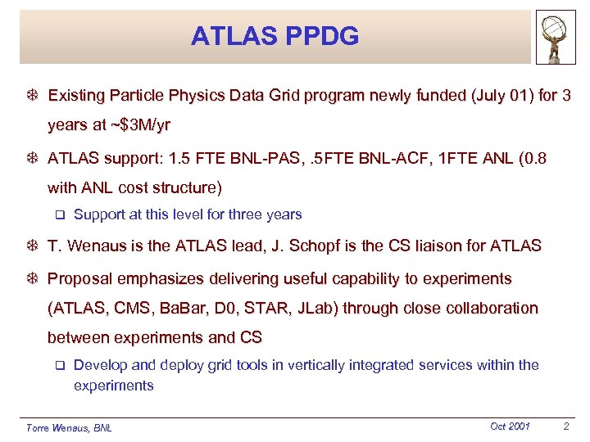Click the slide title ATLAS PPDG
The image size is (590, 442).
(x=275, y=36)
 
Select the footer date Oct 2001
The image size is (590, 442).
(x=510, y=426)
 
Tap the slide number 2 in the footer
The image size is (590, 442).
(x=566, y=426)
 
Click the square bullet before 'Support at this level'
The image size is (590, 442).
(x=58, y=215)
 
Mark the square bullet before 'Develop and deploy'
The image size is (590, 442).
(x=58, y=366)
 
